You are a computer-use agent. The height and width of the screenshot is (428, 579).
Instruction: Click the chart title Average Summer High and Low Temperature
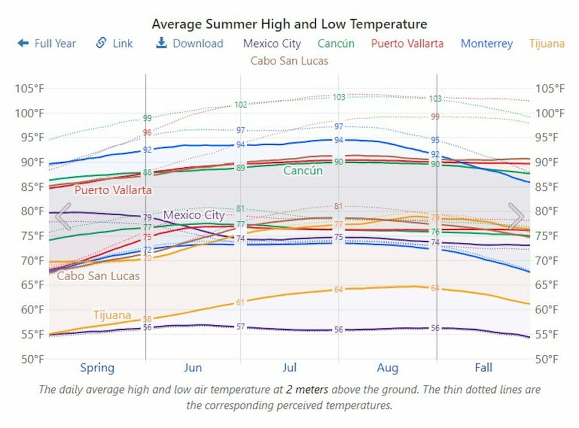click(289, 24)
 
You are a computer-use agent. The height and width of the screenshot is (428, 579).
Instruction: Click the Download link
click(189, 43)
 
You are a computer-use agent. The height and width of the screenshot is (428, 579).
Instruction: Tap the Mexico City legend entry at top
click(272, 43)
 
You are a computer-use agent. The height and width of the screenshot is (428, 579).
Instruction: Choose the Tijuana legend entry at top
click(547, 43)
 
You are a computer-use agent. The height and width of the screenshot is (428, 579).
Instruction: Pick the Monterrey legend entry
click(486, 43)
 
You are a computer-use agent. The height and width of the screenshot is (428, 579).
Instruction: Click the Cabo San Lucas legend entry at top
click(289, 60)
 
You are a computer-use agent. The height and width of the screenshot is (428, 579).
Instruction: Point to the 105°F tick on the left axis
click(29, 89)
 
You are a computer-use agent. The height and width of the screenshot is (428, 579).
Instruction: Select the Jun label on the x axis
click(193, 368)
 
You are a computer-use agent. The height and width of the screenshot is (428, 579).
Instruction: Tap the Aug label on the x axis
click(387, 368)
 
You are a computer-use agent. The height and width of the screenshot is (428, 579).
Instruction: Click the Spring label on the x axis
click(97, 368)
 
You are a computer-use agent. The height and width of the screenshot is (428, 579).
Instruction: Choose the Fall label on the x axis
click(483, 368)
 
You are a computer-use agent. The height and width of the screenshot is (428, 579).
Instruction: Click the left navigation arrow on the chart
click(63, 216)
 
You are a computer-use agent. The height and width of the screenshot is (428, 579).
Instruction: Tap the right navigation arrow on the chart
click(516, 216)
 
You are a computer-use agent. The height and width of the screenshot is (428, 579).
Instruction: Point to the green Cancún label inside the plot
click(303, 171)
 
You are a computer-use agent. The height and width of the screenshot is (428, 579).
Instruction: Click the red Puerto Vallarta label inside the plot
click(113, 190)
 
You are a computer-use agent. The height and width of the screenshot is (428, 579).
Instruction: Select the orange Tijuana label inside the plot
click(112, 315)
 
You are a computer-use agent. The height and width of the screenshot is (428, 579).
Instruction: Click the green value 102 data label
click(241, 104)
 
